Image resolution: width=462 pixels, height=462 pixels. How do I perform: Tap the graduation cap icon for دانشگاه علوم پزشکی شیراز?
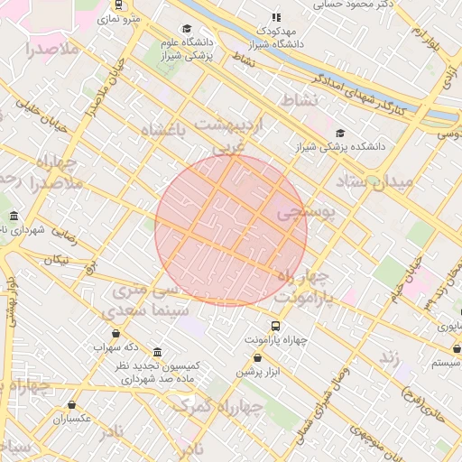pyautogui.click(x=187, y=28)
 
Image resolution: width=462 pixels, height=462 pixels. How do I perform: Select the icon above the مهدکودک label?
pyautogui.click(x=276, y=16)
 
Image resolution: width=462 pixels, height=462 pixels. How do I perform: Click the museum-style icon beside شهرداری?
pyautogui.click(x=14, y=217)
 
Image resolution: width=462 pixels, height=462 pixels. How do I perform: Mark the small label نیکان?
pyautogui.click(x=57, y=260)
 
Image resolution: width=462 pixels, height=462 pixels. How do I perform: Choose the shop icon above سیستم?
pyautogui.click(x=457, y=348)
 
